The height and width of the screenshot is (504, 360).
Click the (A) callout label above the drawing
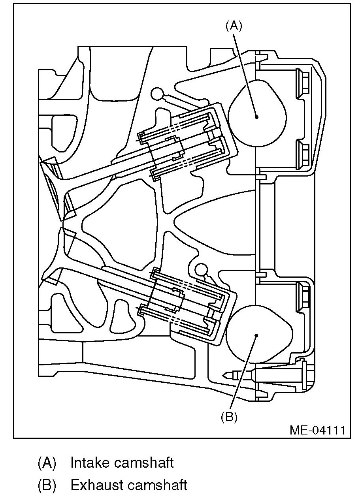click(233, 26)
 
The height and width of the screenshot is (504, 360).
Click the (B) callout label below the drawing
click(229, 417)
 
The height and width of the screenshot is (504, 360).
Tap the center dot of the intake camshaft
click(256, 117)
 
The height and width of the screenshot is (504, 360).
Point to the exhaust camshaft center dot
click(256, 336)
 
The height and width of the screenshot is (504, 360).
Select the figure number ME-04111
click(317, 430)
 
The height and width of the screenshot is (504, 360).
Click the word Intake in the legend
click(89, 463)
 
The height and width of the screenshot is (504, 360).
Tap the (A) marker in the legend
click(47, 463)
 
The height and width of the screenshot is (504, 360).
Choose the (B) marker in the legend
click(47, 485)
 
